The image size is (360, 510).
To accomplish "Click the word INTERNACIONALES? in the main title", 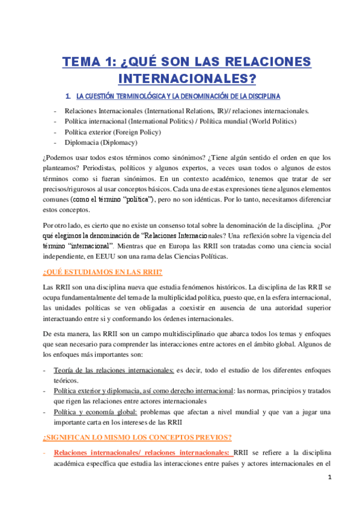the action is coord(187,79).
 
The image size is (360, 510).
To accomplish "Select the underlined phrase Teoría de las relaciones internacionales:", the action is coord(114,370).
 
